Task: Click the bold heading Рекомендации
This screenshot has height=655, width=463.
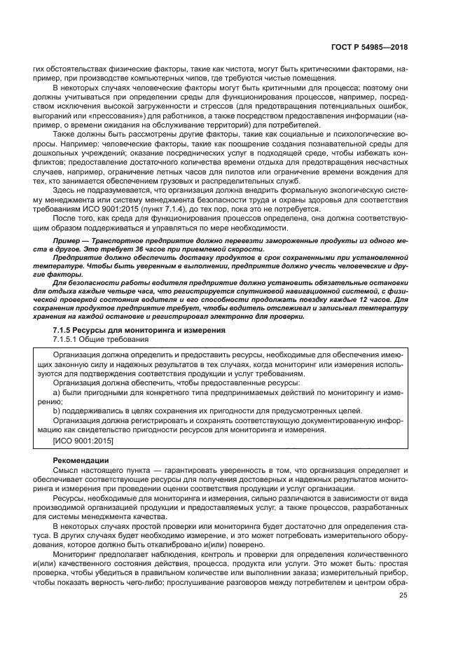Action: (81, 460)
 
